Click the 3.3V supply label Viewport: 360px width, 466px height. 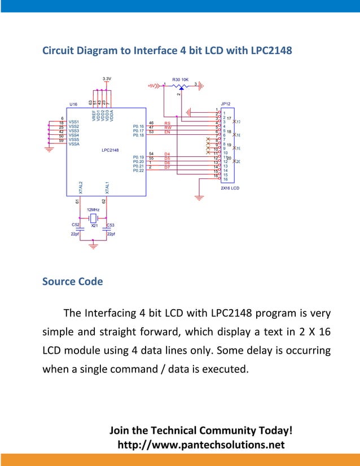point(107,78)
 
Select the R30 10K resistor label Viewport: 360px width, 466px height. point(181,80)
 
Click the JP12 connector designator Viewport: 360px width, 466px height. point(226,104)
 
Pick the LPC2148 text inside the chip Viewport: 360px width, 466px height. point(110,150)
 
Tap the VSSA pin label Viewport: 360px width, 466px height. point(74,144)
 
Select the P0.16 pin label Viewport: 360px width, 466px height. point(138,126)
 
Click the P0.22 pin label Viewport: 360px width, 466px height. point(138,171)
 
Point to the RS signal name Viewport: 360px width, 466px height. point(167,123)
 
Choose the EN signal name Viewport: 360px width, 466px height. point(167,132)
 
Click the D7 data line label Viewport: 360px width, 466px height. point(167,168)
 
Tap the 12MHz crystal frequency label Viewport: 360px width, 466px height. point(94,209)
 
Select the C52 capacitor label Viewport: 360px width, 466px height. point(75,225)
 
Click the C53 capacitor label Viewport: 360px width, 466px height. point(111,225)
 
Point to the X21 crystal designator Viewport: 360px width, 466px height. point(94,225)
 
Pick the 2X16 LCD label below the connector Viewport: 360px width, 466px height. point(230,188)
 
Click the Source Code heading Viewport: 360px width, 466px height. point(72,281)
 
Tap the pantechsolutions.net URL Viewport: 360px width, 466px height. point(200,446)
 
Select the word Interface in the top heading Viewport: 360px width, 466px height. point(154,50)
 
